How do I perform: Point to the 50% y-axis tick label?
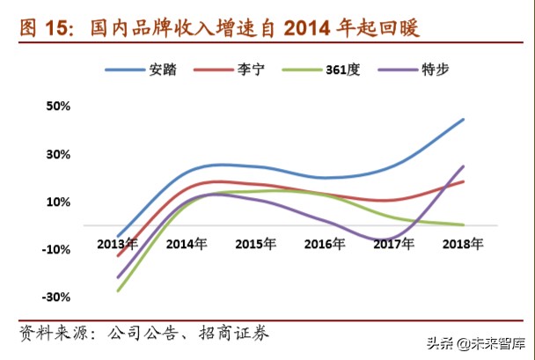(58, 107)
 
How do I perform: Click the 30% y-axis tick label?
(58, 155)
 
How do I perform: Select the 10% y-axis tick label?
(58, 202)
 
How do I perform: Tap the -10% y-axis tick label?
(55, 250)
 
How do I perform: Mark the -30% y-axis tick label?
(55, 298)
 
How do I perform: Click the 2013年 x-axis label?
(117, 243)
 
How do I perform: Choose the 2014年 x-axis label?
(187, 243)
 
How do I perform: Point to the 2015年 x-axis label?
(256, 243)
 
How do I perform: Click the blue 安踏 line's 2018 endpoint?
(464, 119)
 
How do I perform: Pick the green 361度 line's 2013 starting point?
(117, 290)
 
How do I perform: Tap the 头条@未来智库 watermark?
(476, 343)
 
